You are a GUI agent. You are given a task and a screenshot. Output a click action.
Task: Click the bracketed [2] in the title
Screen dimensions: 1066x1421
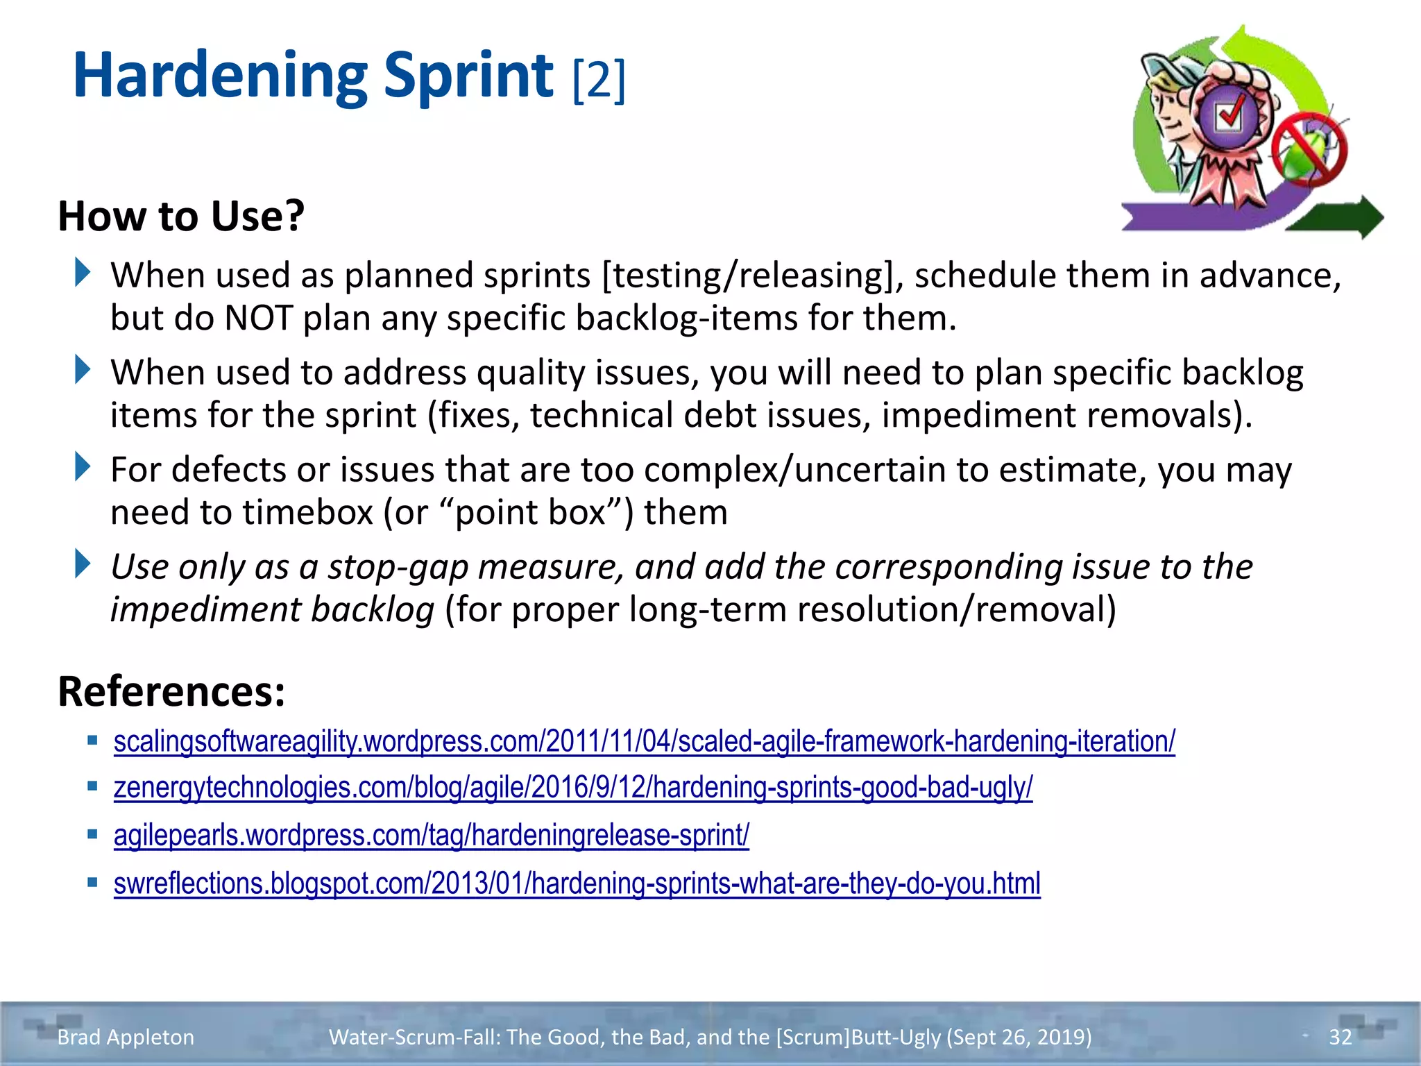tap(599, 80)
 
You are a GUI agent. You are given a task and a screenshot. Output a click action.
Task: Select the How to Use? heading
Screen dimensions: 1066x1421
tap(181, 216)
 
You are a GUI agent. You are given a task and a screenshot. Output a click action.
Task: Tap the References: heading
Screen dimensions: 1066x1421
tap(171, 691)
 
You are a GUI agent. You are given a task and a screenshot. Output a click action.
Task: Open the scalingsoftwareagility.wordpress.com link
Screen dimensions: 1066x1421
tap(644, 741)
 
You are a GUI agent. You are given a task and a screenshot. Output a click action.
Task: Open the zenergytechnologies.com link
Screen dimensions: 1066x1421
tap(572, 788)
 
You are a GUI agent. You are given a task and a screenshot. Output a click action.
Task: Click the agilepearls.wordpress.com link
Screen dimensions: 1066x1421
tap(431, 835)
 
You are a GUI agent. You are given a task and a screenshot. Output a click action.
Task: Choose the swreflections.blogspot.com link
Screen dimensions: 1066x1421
tap(577, 883)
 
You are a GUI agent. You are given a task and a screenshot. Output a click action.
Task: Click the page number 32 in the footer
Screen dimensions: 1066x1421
tap(1340, 1037)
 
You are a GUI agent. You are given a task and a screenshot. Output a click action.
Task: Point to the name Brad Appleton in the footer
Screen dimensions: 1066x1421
tap(126, 1037)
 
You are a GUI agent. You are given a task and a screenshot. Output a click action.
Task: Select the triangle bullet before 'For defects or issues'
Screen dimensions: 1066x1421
tap(83, 467)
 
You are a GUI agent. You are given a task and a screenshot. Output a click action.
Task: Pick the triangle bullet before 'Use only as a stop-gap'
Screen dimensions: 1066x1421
tap(83, 564)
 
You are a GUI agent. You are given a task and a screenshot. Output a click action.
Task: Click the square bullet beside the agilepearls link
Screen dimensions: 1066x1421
tap(92, 834)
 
